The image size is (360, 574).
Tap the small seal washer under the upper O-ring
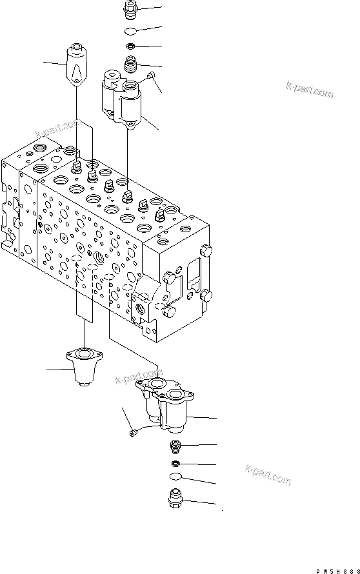tap(130, 46)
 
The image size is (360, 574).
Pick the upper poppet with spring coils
tap(131, 64)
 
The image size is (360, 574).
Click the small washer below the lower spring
tap(175, 464)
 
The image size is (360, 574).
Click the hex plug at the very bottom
tap(175, 500)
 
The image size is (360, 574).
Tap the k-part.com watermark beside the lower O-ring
tap(268, 475)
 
